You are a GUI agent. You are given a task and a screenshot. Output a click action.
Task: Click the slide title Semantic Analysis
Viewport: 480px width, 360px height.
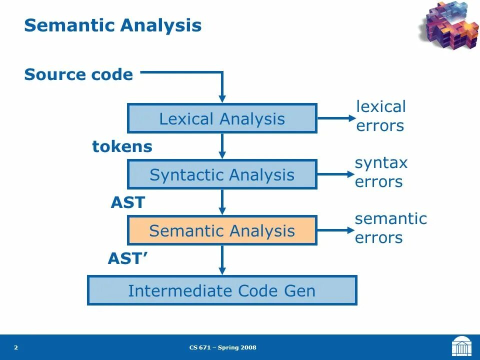click(x=113, y=25)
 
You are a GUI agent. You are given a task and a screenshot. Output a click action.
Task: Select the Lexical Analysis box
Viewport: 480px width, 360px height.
click(x=222, y=119)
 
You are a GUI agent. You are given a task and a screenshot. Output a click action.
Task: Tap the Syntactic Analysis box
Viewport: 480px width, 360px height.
click(x=222, y=175)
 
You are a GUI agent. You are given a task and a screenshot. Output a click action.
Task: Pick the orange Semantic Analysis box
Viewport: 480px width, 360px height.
click(x=222, y=231)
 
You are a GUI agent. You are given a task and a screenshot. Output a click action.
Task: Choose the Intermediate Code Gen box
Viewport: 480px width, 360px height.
click(x=222, y=290)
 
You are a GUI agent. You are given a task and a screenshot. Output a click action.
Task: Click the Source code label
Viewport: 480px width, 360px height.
click(x=78, y=75)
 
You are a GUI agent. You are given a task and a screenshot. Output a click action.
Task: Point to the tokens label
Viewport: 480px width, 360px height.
click(x=122, y=147)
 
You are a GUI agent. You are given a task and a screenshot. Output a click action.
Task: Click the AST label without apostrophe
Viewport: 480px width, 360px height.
click(x=127, y=203)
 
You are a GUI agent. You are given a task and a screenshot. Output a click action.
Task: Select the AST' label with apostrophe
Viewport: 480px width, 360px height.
click(x=127, y=259)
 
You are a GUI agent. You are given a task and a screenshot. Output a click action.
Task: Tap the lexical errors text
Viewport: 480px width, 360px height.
click(x=380, y=116)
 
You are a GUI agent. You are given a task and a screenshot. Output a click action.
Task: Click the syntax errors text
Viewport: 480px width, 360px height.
click(x=381, y=172)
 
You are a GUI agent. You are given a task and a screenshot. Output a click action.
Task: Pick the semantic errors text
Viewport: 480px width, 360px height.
click(x=390, y=228)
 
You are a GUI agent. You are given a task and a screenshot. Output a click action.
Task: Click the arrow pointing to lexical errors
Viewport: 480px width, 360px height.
click(x=336, y=118)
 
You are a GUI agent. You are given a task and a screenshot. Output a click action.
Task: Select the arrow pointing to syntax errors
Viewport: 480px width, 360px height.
click(x=336, y=174)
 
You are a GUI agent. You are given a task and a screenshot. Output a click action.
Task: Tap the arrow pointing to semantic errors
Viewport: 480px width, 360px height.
click(x=336, y=230)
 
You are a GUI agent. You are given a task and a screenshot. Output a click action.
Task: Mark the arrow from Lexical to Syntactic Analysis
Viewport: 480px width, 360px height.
click(x=222, y=146)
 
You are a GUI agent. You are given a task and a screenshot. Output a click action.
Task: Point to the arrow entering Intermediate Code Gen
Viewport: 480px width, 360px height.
click(x=222, y=260)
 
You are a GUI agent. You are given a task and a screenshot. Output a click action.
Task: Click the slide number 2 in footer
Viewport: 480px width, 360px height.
click(x=16, y=347)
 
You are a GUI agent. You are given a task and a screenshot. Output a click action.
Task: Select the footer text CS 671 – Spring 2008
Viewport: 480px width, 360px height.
click(x=223, y=347)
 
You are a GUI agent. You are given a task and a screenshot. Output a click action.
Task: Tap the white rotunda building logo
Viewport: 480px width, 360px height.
click(x=461, y=346)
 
